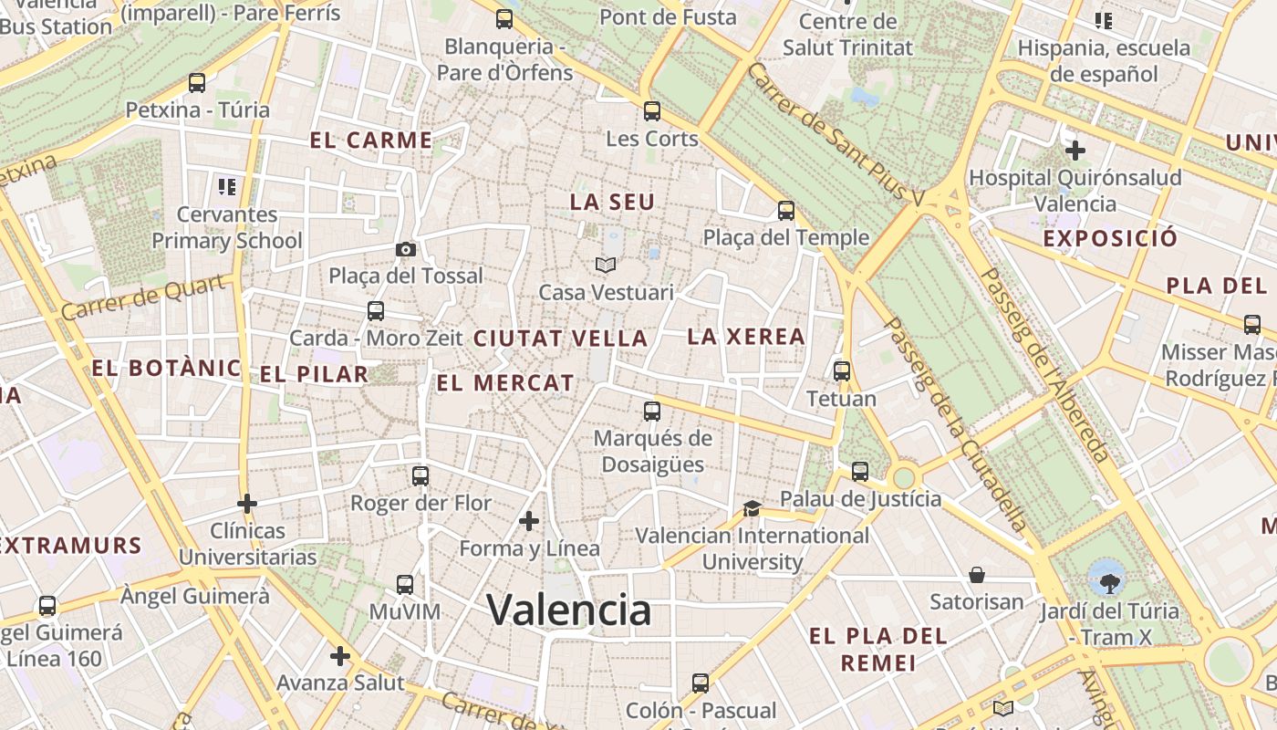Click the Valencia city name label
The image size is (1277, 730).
click(x=568, y=610)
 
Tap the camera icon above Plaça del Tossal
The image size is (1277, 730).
click(x=406, y=249)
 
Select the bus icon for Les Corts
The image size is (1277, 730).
click(x=651, y=111)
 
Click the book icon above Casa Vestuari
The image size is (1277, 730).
click(x=606, y=266)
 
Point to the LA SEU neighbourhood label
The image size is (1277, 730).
click(x=612, y=202)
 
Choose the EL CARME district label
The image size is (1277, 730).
click(x=370, y=140)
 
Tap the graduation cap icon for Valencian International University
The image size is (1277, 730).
click(x=752, y=508)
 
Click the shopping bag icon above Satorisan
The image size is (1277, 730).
click(x=977, y=575)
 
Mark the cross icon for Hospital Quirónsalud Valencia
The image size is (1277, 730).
click(x=1075, y=150)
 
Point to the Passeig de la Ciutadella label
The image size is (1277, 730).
click(x=956, y=424)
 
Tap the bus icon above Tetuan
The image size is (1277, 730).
click(x=841, y=371)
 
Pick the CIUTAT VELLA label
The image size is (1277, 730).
click(x=560, y=338)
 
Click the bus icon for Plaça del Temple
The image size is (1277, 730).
click(x=785, y=211)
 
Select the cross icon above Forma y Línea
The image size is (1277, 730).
click(x=528, y=521)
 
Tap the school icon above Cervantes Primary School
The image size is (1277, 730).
click(x=227, y=187)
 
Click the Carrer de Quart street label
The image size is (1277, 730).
click(x=143, y=297)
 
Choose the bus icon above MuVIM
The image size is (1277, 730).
click(x=404, y=585)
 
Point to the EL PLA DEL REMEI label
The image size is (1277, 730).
click(x=878, y=649)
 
